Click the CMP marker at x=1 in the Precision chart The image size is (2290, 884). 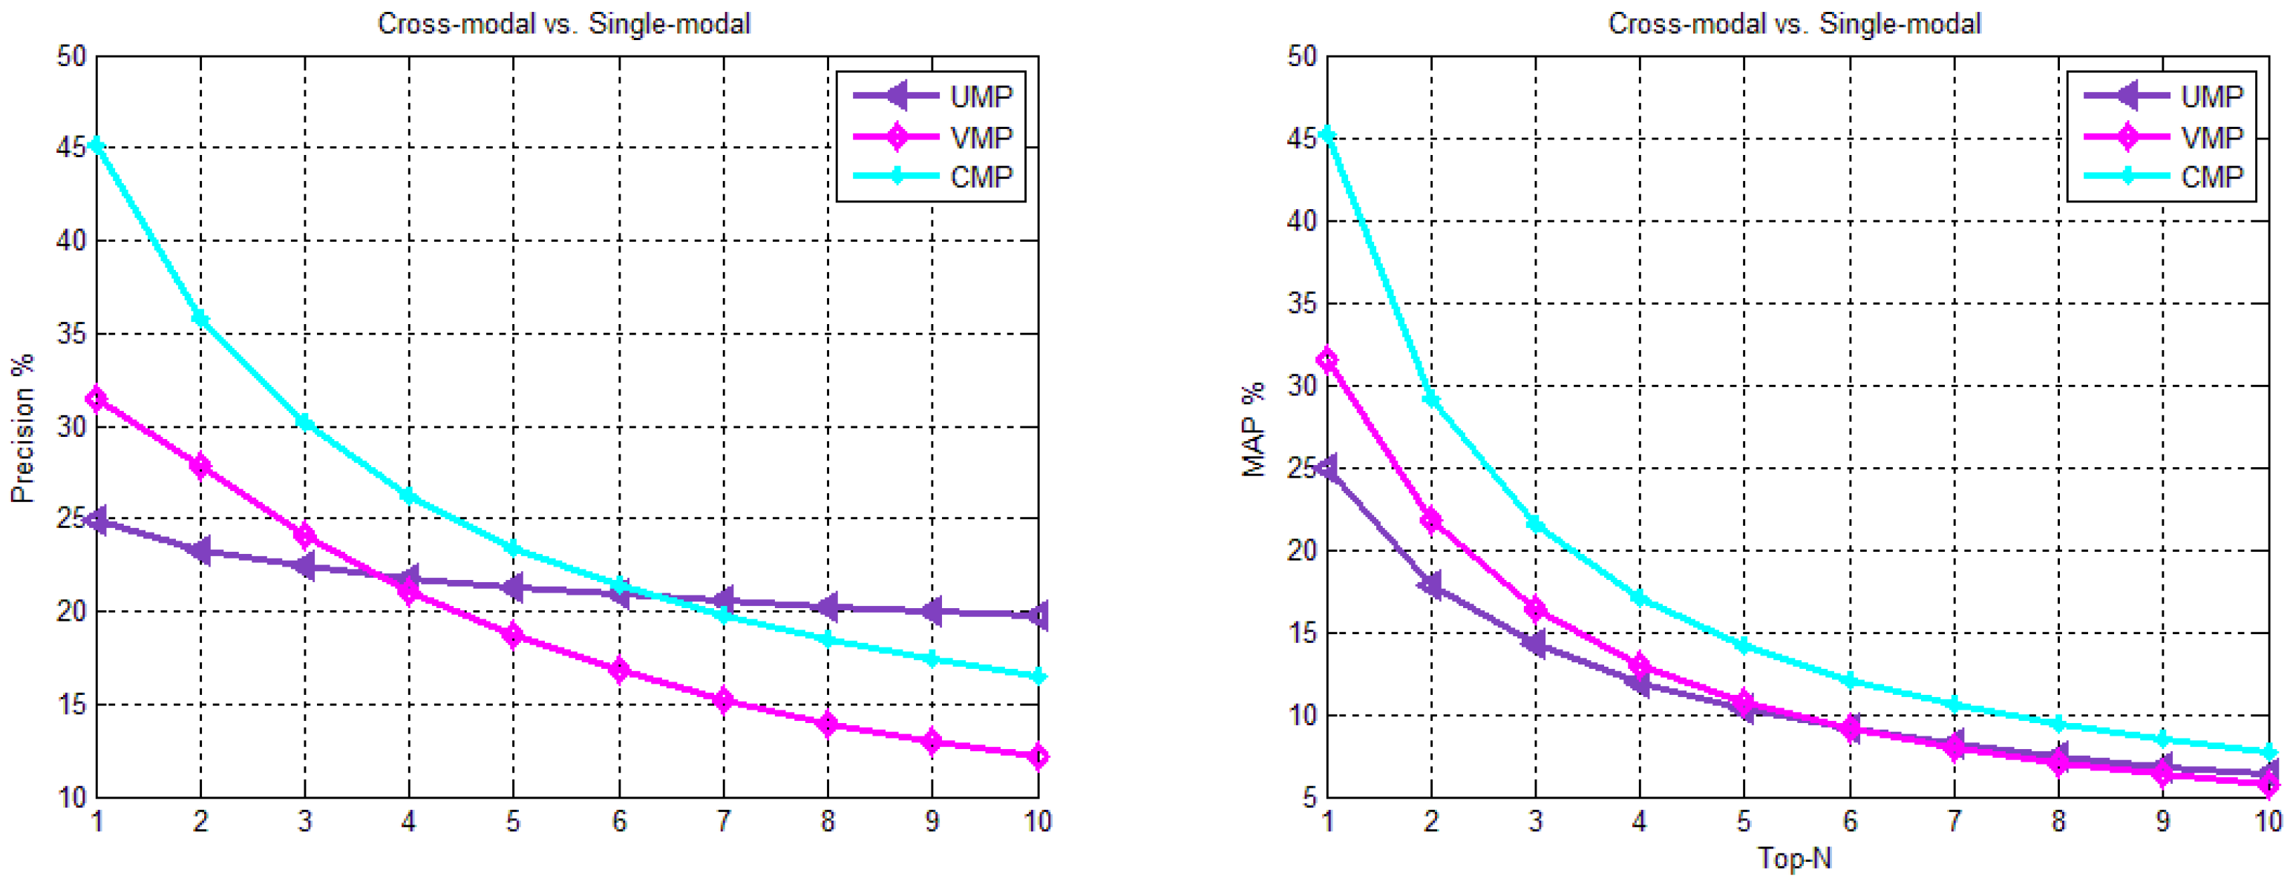pos(97,145)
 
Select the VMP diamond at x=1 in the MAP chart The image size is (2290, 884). pos(1328,360)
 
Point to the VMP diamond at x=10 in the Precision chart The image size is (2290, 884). pos(1038,757)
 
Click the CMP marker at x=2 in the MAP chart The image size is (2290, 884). pos(1431,399)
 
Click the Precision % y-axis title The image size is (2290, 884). pos(22,428)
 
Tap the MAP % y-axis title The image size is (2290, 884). pos(1254,430)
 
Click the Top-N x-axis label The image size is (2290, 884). pos(1795,858)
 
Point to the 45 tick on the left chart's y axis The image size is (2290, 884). pos(71,148)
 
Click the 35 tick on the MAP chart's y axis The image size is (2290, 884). pos(1301,304)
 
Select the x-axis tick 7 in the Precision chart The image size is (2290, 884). pos(724,822)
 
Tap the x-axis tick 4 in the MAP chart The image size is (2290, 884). pos(1639,822)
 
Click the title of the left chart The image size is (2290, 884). pos(563,23)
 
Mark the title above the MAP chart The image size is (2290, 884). pos(1794,23)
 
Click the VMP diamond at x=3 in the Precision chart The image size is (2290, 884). pos(305,535)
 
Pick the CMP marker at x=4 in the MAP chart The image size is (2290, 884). pos(1639,598)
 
